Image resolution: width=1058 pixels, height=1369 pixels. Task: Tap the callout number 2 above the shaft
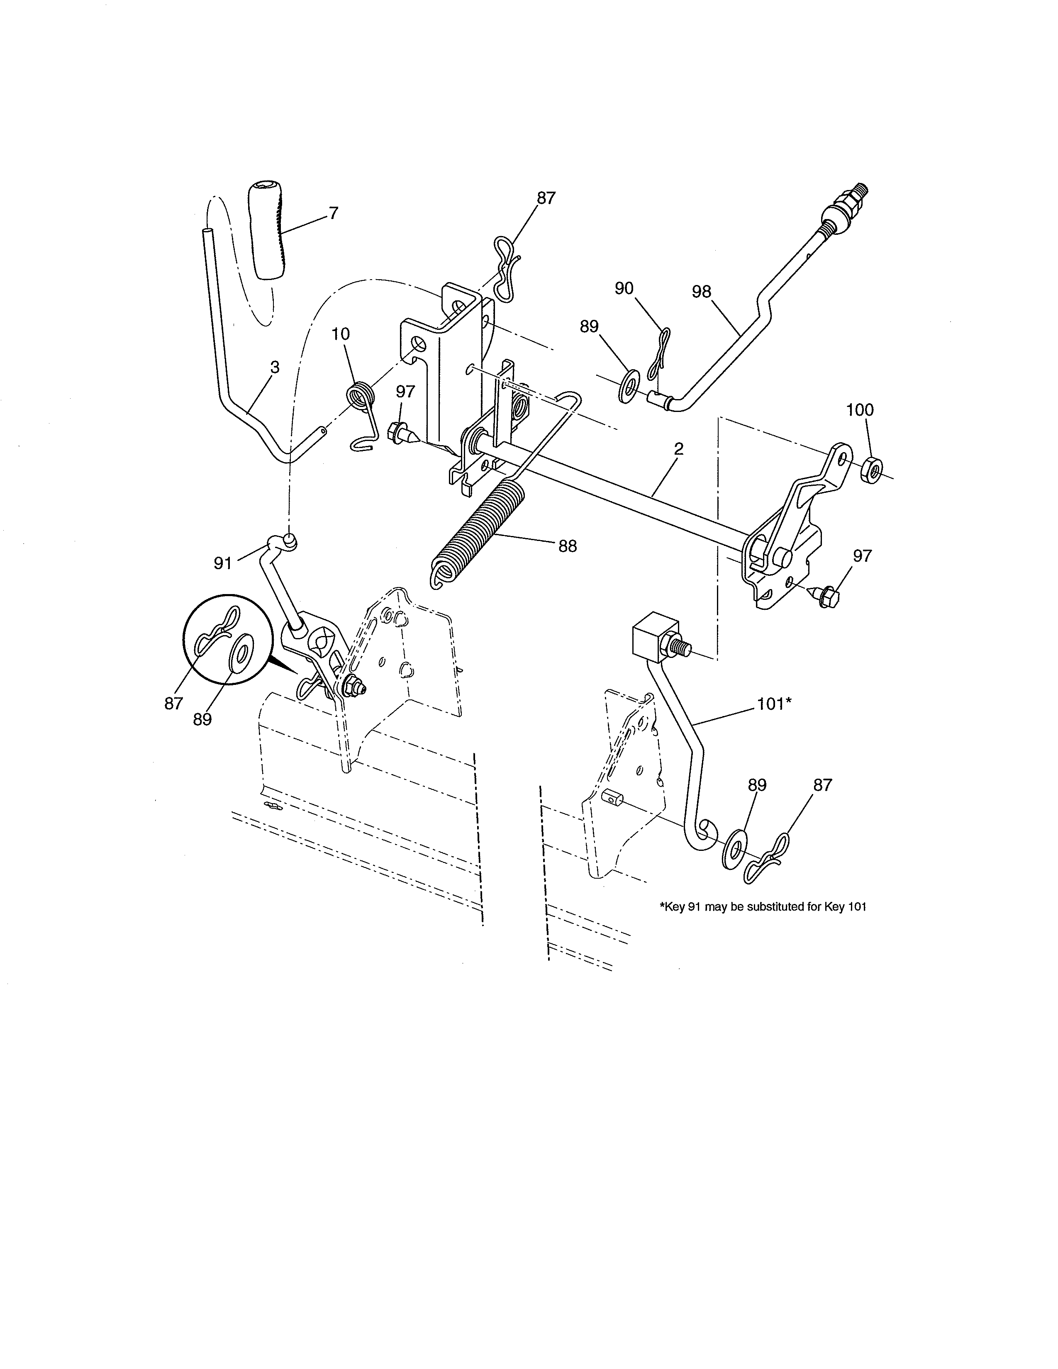(678, 449)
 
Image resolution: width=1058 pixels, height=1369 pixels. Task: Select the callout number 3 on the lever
(275, 368)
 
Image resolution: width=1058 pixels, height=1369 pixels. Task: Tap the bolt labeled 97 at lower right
(824, 592)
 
